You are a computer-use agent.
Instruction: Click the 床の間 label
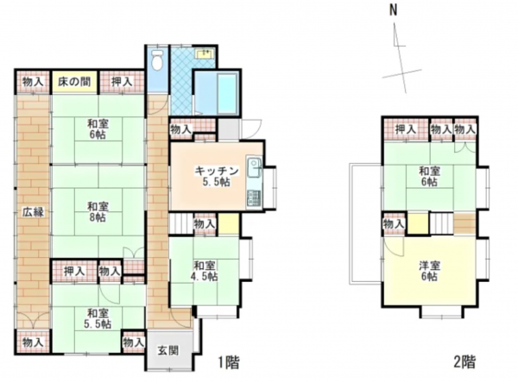(75, 82)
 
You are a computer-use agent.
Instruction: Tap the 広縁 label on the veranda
(32, 212)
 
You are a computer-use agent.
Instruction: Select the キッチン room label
(211, 177)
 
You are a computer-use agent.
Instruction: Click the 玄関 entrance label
(167, 352)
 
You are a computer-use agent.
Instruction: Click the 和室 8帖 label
(97, 212)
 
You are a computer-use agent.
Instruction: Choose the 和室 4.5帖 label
(205, 271)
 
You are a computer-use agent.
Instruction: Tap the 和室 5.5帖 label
(97, 318)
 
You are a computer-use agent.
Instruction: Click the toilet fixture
(156, 61)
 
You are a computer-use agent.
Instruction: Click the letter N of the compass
(392, 11)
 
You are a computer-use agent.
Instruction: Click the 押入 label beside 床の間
(121, 82)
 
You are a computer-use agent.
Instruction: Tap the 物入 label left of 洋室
(393, 224)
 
